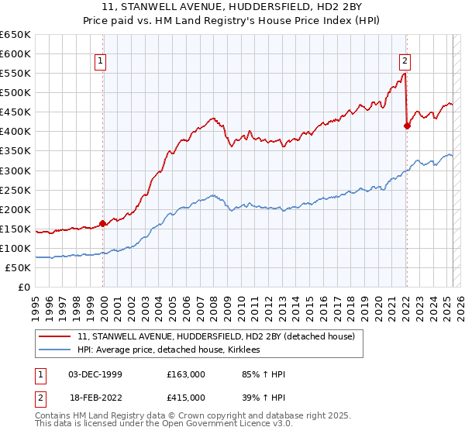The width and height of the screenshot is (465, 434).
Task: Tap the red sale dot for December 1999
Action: tap(102, 223)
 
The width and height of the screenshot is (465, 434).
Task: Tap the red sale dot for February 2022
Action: tap(407, 126)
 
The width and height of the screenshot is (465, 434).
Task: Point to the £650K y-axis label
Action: tap(15, 35)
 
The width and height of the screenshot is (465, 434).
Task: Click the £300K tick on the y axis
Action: tap(15, 170)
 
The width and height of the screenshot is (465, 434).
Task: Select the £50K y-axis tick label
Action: tap(19, 267)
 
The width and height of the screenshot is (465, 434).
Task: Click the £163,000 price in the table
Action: tap(186, 374)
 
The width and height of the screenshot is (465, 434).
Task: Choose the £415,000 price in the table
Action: tap(186, 397)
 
